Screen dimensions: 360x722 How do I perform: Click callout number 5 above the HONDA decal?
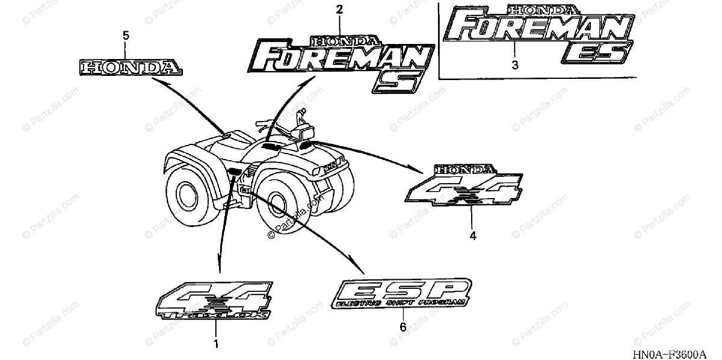pos(126,36)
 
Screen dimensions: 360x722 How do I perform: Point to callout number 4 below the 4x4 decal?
pos(473,236)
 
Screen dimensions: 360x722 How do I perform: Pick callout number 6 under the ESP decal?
pos(403,327)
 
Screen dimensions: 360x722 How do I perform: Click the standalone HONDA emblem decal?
pos(130,67)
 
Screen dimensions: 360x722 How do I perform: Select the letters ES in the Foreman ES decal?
pos(595,54)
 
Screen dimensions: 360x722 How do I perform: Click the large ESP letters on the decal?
pos(401,290)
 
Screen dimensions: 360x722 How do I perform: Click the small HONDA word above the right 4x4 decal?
pos(467,170)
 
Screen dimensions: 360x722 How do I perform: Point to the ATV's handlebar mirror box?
pos(306,128)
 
